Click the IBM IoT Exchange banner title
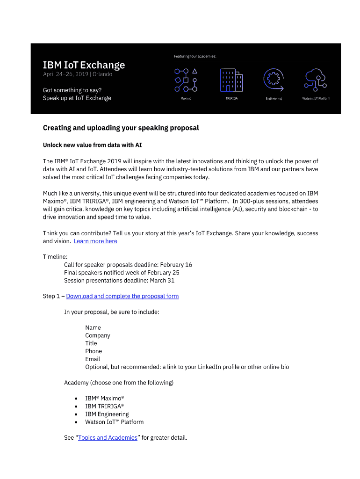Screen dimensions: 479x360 click(x=84, y=65)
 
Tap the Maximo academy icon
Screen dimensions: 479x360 click(x=186, y=80)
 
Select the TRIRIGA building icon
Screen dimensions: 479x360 click(x=231, y=80)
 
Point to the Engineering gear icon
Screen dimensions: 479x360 click(x=274, y=80)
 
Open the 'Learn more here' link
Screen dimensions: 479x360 click(x=95, y=241)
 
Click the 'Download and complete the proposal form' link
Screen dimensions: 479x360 click(x=122, y=296)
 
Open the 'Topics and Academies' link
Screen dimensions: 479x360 click(x=108, y=438)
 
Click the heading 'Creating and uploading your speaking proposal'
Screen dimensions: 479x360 click(x=121, y=128)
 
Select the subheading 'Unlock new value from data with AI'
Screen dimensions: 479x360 click(x=93, y=145)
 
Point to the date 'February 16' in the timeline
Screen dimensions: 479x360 click(x=176, y=265)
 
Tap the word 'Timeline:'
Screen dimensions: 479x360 click(x=55, y=257)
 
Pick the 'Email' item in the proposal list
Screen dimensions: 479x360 click(x=93, y=359)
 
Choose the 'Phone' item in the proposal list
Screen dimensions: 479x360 click(x=94, y=351)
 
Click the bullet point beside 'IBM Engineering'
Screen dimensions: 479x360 click(x=76, y=414)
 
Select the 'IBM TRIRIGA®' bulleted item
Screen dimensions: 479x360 click(x=104, y=406)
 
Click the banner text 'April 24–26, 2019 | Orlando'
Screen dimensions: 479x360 click(x=78, y=74)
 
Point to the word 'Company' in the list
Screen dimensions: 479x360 click(x=98, y=335)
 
